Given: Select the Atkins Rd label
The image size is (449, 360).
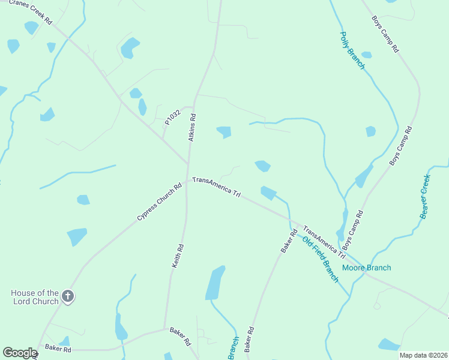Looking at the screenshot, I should point(193,127).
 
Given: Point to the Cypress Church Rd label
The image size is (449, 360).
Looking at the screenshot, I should point(159,202).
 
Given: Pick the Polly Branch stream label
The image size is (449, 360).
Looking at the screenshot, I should point(352,50).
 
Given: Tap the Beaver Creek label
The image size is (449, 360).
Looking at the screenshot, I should point(426,196).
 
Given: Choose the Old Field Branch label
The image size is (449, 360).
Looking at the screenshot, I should point(321,259).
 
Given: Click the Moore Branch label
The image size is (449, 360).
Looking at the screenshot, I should point(366,268).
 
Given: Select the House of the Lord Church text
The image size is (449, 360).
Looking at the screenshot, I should point(35,297).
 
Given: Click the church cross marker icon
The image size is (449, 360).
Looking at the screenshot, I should point(68,296).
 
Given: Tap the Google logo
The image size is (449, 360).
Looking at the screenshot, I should point(20,353).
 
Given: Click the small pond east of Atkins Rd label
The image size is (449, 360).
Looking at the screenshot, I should point(224,131).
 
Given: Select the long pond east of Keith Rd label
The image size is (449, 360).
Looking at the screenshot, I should point(215,282).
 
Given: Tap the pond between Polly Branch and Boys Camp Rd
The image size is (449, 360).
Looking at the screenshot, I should point(370,131).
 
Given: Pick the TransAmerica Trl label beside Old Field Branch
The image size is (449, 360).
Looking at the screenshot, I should point(324,242).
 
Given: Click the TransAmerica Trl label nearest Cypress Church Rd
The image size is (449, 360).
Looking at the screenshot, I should point(216,187).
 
